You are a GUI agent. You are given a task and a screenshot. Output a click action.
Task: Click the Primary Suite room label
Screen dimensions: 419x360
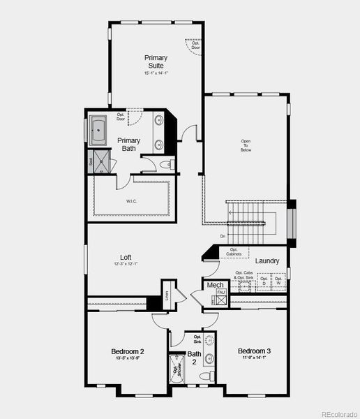(156, 61)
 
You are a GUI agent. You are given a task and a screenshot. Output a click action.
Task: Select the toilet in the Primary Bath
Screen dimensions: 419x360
(167, 165)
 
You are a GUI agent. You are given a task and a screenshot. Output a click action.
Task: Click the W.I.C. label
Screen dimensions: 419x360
(132, 202)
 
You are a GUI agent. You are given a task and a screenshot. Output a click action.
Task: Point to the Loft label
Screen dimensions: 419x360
(126, 256)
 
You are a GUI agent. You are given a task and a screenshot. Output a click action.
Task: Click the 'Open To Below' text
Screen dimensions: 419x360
(246, 145)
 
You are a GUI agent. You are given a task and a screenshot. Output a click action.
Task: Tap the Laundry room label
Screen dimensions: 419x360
(267, 261)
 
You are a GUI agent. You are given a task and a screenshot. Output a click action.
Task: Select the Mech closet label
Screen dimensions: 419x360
(215, 285)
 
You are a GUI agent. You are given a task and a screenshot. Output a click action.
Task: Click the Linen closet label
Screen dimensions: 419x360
(167, 294)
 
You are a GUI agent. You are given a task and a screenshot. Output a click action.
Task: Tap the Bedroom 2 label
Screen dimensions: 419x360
(128, 351)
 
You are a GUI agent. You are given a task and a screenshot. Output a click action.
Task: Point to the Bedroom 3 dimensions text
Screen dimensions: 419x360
(253, 358)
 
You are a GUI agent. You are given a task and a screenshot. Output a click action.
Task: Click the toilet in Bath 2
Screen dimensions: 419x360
(207, 376)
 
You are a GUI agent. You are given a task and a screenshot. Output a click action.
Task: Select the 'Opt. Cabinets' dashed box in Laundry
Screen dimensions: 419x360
(234, 252)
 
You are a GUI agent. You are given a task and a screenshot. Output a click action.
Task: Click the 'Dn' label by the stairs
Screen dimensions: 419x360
(223, 236)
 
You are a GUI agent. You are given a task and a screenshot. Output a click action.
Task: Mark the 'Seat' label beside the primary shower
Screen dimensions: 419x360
(91, 161)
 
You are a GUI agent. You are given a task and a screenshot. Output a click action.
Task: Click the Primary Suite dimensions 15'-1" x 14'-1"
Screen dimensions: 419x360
(156, 73)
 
